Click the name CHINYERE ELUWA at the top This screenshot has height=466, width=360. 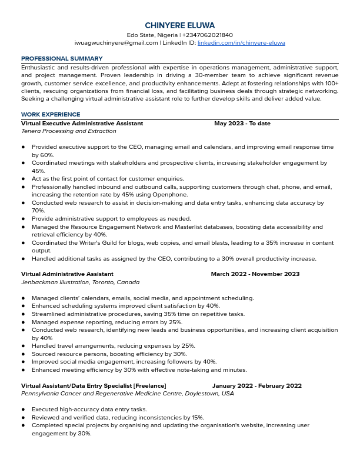180,25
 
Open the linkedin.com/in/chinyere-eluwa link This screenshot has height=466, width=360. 241,43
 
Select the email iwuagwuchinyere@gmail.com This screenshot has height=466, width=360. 116,43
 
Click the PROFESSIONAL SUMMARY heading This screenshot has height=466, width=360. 62,59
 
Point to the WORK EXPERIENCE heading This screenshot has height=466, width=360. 51,114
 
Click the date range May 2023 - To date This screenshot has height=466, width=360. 242,124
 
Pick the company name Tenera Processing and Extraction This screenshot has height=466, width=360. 69,131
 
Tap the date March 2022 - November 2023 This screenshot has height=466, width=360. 255,274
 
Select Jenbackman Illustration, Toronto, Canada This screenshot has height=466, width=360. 80,282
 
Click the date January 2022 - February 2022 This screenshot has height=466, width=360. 256,386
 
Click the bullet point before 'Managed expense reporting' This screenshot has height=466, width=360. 23,322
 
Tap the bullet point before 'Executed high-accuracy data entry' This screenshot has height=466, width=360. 23,410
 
